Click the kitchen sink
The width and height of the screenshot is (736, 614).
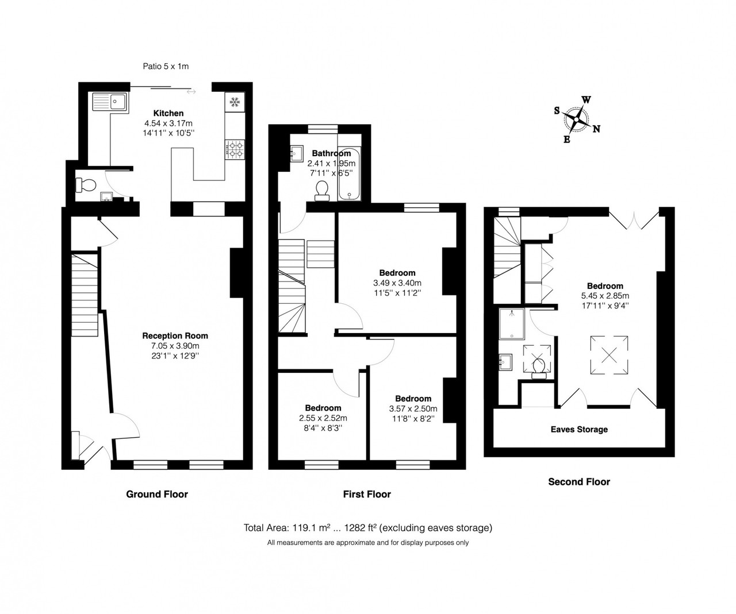pos(110,102)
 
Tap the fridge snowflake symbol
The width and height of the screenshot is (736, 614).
pos(234,102)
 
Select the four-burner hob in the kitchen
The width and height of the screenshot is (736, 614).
pos(235,150)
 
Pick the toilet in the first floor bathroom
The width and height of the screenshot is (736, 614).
pos(321,191)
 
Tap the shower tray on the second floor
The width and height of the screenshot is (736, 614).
pos(512,324)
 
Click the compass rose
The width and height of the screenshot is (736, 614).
pos(577,119)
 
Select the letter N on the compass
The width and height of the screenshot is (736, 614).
pos(596,129)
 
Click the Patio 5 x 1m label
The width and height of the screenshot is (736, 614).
pos(166,66)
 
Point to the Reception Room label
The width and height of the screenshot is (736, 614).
pos(175,336)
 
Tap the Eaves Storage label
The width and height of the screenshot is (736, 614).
pos(579,430)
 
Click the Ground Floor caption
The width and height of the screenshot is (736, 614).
pos(157,495)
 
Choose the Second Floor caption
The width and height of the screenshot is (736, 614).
pos(579,482)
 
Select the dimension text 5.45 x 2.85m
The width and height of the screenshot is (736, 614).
pos(605,296)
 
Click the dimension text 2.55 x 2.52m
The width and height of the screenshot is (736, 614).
pos(323,418)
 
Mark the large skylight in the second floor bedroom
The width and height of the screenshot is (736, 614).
pos(609,355)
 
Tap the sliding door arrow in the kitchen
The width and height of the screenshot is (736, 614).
pos(191,92)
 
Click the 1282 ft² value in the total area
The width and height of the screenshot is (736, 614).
pos(361,528)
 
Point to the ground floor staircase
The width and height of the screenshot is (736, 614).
pos(85,295)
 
